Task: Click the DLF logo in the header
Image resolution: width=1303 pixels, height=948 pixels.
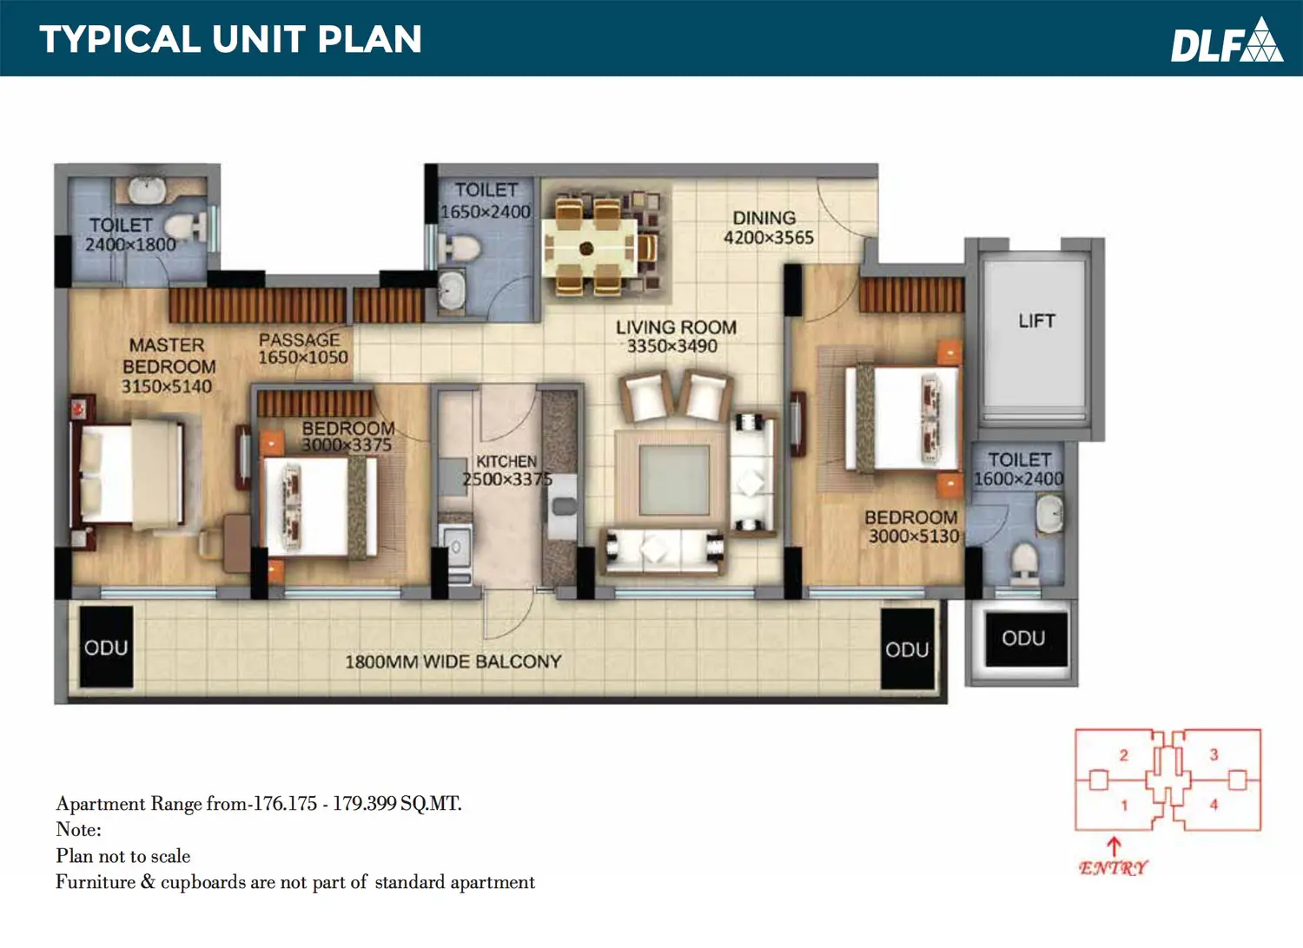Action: (x=1227, y=41)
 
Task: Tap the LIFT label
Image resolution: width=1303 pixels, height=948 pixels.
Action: (x=1036, y=321)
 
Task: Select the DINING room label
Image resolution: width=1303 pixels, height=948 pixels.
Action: (x=764, y=218)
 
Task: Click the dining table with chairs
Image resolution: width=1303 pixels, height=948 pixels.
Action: (x=599, y=248)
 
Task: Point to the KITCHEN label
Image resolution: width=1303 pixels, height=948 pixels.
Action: (x=506, y=462)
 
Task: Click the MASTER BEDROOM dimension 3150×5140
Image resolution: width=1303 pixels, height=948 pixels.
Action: (x=167, y=386)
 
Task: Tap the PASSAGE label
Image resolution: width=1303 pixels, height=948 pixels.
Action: (x=299, y=339)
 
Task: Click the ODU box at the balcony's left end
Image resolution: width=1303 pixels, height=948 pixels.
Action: (x=106, y=648)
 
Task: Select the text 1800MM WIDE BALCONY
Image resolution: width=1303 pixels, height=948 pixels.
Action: (x=453, y=662)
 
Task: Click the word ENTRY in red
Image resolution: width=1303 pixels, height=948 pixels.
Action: (x=1113, y=868)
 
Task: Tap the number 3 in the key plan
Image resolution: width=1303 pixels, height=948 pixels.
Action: (x=1214, y=754)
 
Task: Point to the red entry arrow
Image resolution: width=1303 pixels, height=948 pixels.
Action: (x=1114, y=846)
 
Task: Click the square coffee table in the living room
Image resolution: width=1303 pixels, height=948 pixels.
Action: (x=674, y=480)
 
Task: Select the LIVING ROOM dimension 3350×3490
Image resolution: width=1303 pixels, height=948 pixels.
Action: (x=671, y=346)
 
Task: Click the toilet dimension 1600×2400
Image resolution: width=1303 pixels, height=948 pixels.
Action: (x=1019, y=479)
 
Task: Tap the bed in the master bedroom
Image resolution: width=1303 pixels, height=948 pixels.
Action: (x=127, y=476)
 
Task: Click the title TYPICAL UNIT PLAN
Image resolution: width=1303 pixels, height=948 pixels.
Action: (x=230, y=40)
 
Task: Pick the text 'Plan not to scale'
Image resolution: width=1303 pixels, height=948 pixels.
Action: (x=123, y=856)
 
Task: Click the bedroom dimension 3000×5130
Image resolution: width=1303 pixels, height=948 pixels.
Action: (x=914, y=536)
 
